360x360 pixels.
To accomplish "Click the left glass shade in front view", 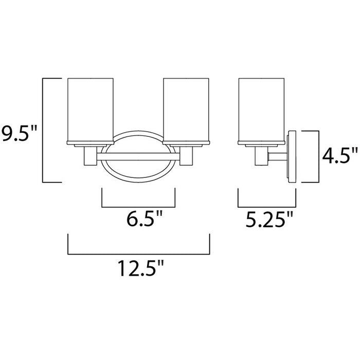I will click(x=91, y=109).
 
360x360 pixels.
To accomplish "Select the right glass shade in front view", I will click(x=186, y=109).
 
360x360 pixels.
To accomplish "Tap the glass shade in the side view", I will click(x=261, y=109).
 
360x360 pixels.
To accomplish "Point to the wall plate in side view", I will click(x=293, y=157).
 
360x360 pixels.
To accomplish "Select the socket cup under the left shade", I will click(x=89, y=155).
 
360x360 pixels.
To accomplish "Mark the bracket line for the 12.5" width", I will click(x=138, y=253).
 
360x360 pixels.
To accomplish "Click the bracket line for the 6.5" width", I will click(x=139, y=206).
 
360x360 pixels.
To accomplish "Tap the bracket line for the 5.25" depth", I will click(x=267, y=206).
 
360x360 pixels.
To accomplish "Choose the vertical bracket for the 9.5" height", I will click(x=43, y=130).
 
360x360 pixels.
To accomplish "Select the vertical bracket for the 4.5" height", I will click(x=312, y=157).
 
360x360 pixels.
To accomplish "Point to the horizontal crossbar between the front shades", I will click(x=138, y=154).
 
